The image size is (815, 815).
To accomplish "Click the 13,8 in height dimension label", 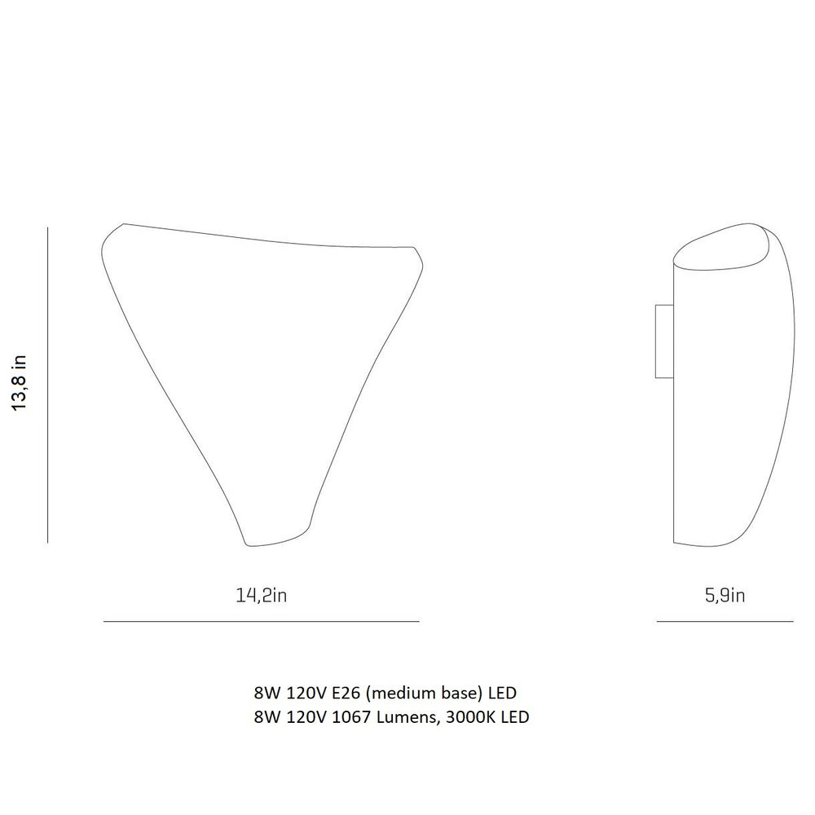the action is click(20, 383).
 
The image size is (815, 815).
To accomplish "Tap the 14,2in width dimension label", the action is click(262, 595).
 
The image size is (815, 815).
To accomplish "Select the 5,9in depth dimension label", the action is click(725, 595).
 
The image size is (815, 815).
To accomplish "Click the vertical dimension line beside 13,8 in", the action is click(47, 385).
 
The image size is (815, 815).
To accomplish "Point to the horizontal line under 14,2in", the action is click(262, 621).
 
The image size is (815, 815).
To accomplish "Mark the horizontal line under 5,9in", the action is click(725, 621).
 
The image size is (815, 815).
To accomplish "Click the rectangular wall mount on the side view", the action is click(664, 341).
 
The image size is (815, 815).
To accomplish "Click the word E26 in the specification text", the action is click(343, 693).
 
